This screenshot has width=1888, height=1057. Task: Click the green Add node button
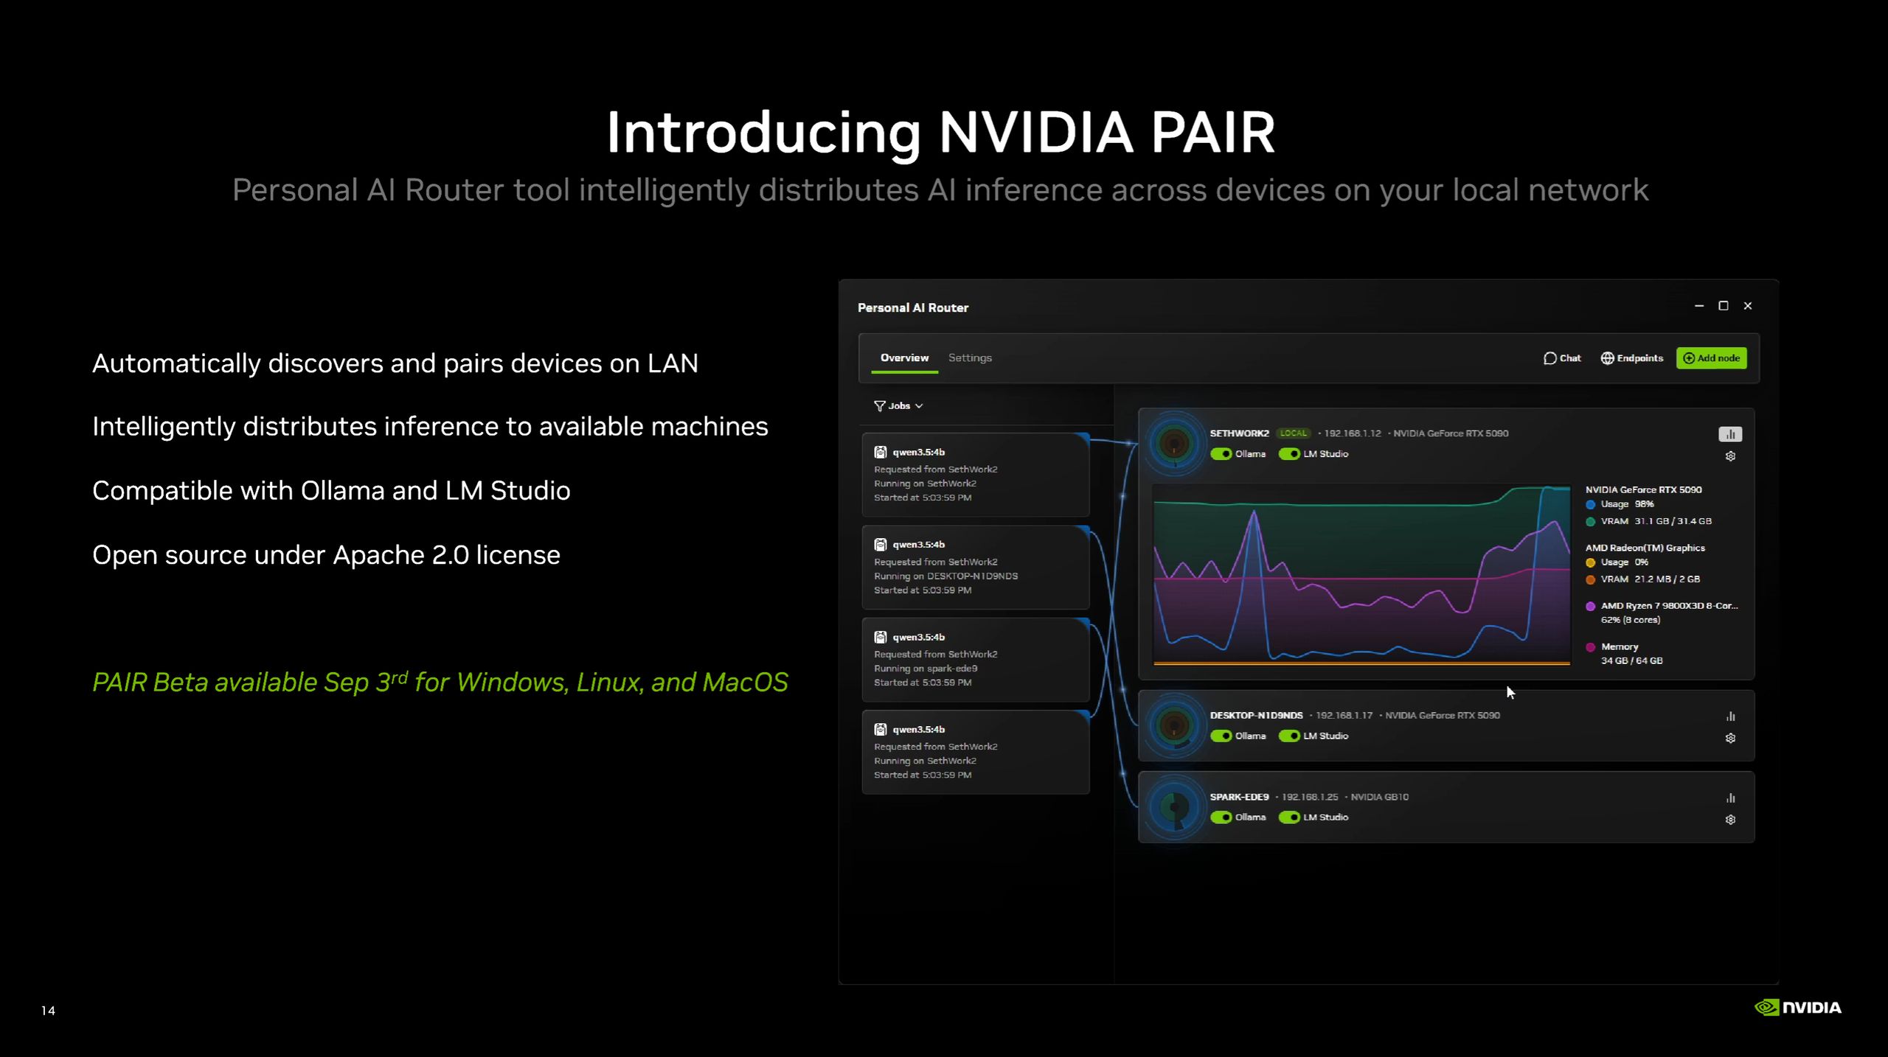point(1711,358)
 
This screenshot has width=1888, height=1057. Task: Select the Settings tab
point(970,357)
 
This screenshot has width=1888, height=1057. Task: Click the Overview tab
point(904,357)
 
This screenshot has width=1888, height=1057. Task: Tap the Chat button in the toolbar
point(1562,358)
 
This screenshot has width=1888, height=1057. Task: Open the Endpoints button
point(1631,358)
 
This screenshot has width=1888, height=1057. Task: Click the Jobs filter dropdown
point(898,406)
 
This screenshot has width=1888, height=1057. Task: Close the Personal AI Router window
point(1747,306)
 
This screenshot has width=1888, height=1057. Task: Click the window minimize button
point(1699,306)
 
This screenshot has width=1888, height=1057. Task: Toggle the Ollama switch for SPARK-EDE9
point(1221,817)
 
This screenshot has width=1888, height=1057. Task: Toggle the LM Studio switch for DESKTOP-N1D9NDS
point(1289,736)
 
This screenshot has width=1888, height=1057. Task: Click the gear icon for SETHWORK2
point(1730,456)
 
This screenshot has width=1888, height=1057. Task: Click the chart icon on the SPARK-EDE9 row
point(1730,798)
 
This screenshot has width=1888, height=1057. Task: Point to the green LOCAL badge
point(1293,433)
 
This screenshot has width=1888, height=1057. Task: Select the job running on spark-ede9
point(975,660)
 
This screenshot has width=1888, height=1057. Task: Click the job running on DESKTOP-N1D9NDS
point(975,567)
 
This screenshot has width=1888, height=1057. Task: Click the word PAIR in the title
point(1212,133)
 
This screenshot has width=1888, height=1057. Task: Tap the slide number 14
point(48,1011)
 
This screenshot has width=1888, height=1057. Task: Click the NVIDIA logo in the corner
point(1797,1008)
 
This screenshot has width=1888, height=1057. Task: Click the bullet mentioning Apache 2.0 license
point(326,555)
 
